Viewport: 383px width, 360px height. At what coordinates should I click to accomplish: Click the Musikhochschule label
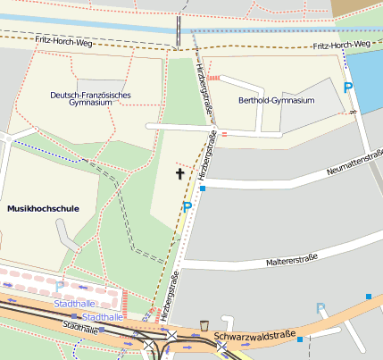tap(43, 208)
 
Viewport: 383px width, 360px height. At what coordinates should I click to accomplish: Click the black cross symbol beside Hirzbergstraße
tap(179, 173)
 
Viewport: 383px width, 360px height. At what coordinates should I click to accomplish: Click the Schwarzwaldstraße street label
tap(254, 337)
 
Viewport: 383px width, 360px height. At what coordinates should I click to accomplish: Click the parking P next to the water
tap(347, 87)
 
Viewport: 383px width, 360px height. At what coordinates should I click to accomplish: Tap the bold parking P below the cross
tap(187, 207)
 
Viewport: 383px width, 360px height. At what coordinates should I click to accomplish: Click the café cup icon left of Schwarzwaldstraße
tap(204, 325)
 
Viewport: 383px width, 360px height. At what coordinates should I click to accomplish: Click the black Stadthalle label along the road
tap(80, 327)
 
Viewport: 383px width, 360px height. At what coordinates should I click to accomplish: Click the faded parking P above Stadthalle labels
tap(60, 287)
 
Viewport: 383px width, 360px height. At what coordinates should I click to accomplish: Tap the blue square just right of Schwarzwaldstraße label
tap(300, 339)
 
